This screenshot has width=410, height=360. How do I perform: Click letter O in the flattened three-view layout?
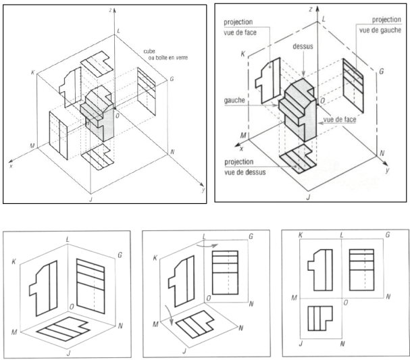tap(345, 303)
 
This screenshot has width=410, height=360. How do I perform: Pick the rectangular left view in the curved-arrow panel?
tap(228, 270)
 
